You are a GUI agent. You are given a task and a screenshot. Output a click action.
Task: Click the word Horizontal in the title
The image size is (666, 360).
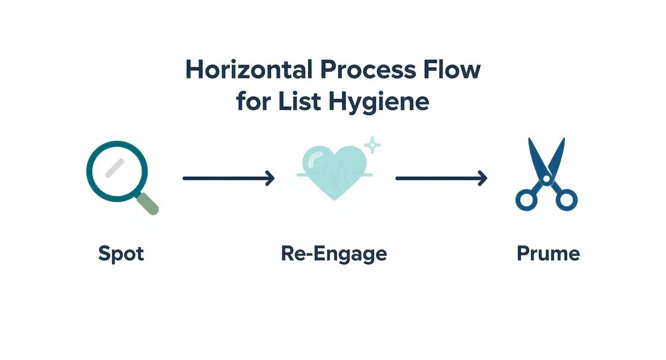pyautogui.click(x=249, y=70)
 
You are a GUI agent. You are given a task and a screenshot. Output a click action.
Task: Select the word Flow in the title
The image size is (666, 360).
pyautogui.click(x=451, y=70)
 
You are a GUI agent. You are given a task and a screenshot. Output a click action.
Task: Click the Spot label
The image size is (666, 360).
pyautogui.click(x=121, y=253)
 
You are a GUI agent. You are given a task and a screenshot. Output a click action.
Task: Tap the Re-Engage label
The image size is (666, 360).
pyautogui.click(x=333, y=253)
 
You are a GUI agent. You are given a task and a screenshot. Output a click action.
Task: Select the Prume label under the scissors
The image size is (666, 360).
pyautogui.click(x=548, y=253)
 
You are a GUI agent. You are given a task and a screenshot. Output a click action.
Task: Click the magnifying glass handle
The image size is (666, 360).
pyautogui.click(x=148, y=203)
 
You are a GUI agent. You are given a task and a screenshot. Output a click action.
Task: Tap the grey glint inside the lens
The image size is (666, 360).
pyautogui.click(x=115, y=168)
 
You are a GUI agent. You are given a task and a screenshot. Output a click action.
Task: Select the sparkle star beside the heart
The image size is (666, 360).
pyautogui.click(x=372, y=145)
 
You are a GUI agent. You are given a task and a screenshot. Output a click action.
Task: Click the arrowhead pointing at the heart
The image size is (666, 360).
pyautogui.click(x=271, y=178)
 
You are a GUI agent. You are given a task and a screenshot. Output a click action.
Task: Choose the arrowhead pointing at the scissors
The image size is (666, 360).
pyautogui.click(x=483, y=178)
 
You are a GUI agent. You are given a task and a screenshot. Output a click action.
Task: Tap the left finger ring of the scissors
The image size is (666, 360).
pyautogui.click(x=527, y=200)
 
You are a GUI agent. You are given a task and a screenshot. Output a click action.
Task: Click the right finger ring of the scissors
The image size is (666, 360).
pyautogui.click(x=566, y=200)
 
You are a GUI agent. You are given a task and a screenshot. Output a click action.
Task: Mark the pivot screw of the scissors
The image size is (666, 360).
pyautogui.click(x=546, y=179)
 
